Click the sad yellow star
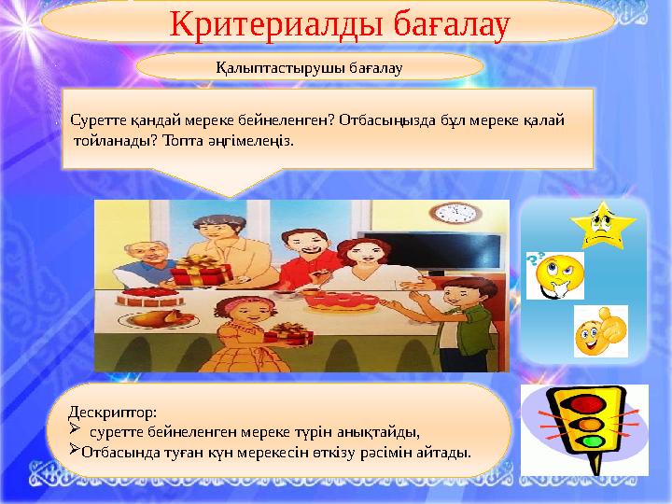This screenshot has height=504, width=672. pos(602,224)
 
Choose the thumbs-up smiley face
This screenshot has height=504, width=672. pos(599,330)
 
